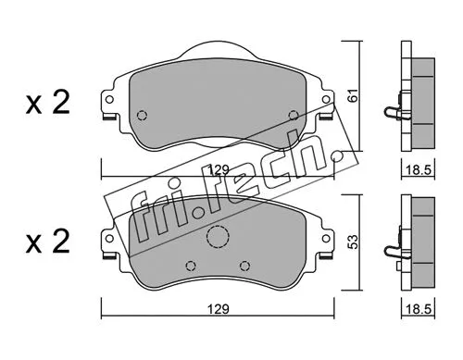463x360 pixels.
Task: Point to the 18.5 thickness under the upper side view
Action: point(422,168)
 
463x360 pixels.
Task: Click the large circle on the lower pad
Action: point(217,239)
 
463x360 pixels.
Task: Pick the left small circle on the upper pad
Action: point(142,116)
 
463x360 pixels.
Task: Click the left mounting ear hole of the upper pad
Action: point(110,103)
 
